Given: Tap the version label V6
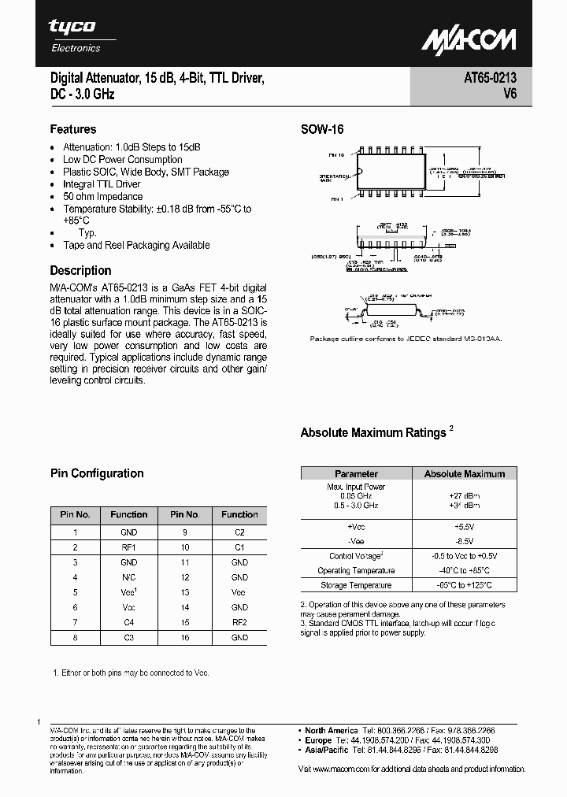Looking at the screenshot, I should [509, 95].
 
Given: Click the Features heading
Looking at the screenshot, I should [73, 129].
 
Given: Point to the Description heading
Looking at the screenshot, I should [80, 270].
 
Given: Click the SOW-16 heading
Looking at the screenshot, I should [322, 130].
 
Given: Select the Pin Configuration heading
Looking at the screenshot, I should [97, 473].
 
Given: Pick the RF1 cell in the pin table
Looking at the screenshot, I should [129, 547].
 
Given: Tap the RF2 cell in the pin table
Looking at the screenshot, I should [239, 622].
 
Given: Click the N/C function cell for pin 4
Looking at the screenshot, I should [129, 577].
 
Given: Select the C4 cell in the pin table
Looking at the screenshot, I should [129, 622].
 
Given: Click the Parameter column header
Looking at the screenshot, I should [356, 473].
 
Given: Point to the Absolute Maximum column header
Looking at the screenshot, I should [465, 473].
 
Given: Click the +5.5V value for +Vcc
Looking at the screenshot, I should [465, 525].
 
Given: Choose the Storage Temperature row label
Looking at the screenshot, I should [356, 585].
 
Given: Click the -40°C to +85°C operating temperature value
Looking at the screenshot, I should [465, 570].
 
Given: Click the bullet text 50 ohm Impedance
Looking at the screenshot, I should [102, 197].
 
